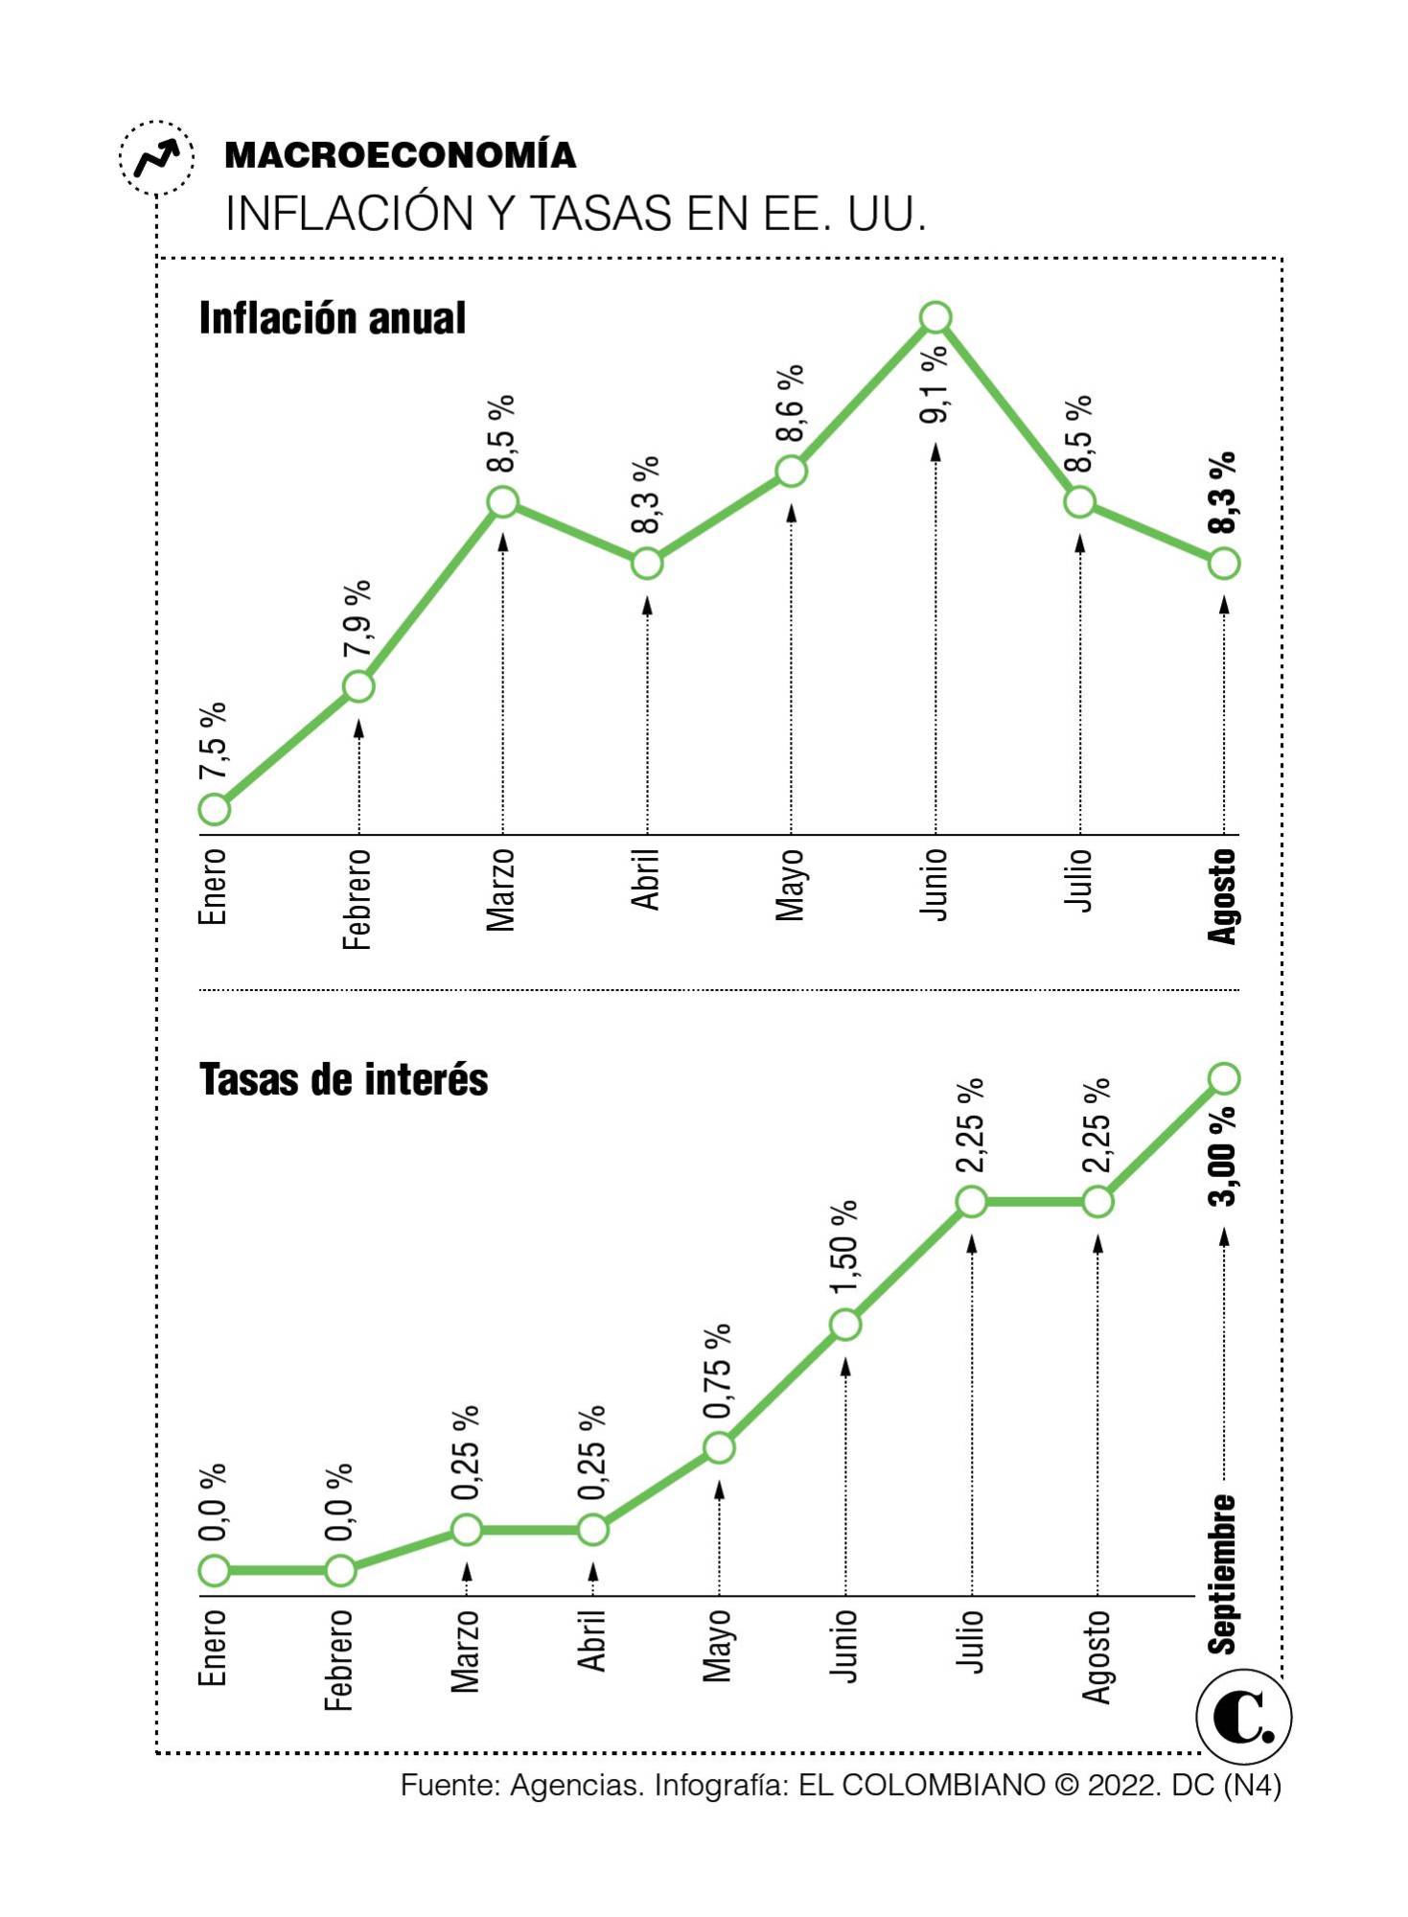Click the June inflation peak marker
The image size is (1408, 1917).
click(935, 316)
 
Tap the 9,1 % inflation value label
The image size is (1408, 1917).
click(935, 383)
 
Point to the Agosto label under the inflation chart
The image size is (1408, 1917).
click(1222, 896)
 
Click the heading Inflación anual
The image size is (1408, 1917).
click(332, 318)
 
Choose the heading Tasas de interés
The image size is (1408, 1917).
click(343, 1079)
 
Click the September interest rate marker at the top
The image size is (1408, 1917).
click(1223, 1078)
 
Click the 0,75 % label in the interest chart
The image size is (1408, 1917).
click(718, 1372)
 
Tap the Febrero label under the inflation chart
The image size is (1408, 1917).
click(357, 899)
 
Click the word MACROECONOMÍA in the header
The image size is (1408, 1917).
click(400, 155)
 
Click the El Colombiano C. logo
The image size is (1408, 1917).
click(1243, 1719)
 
